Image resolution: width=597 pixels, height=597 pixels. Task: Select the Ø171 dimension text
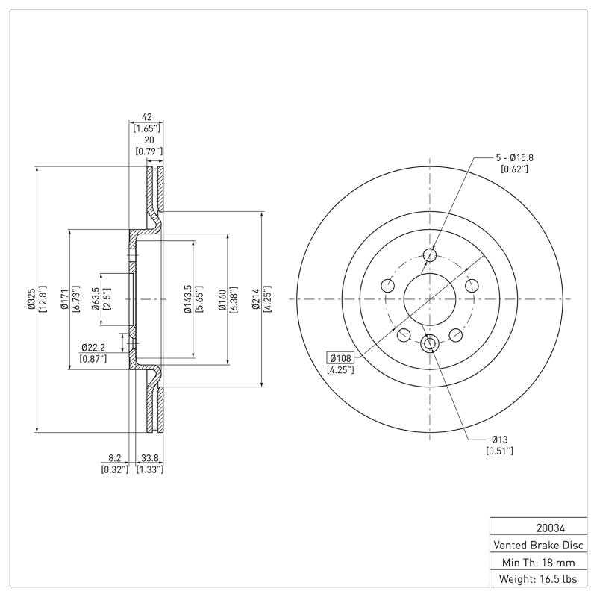(64, 298)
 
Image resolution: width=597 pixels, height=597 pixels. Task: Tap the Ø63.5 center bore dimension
(96, 298)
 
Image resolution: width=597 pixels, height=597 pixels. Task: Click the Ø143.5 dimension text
(187, 298)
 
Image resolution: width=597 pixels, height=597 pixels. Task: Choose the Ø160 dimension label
(222, 298)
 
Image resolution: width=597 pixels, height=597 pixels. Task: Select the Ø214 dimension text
(256, 298)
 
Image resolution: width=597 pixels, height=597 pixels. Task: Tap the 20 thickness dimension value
(149, 140)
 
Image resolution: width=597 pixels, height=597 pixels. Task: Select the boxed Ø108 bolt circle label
(340, 358)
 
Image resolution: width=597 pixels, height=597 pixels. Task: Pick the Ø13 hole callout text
(499, 440)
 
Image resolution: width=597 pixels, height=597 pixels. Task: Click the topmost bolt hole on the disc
(429, 256)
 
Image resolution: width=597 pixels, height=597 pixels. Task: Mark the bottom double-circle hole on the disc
(429, 343)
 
